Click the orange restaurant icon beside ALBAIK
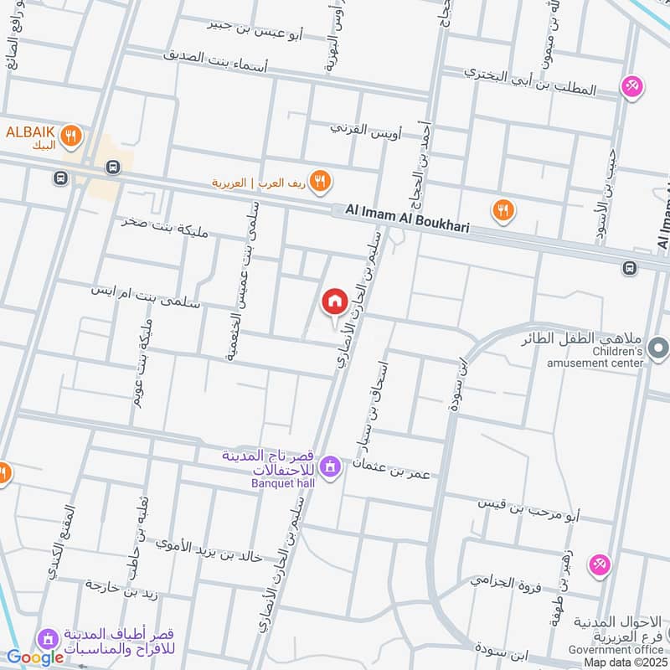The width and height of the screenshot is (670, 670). [x=73, y=134]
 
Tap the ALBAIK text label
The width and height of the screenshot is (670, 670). [x=30, y=132]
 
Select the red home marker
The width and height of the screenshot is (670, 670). [x=334, y=302]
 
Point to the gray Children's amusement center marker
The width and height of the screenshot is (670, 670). [x=658, y=346]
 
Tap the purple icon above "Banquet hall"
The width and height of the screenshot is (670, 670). [x=330, y=466]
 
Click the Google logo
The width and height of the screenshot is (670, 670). [x=35, y=657]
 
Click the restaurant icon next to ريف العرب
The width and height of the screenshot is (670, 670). [x=319, y=180]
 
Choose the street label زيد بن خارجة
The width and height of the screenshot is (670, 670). [x=122, y=587]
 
